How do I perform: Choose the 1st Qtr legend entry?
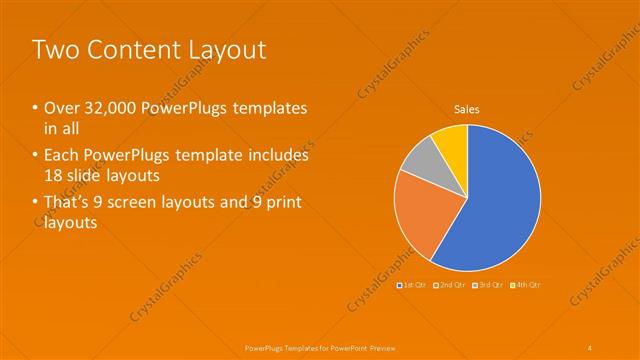413,285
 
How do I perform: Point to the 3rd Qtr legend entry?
488,285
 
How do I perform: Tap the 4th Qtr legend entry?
525,285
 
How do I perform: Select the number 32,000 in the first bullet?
111,108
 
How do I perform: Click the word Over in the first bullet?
59,108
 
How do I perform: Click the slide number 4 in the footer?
590,347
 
